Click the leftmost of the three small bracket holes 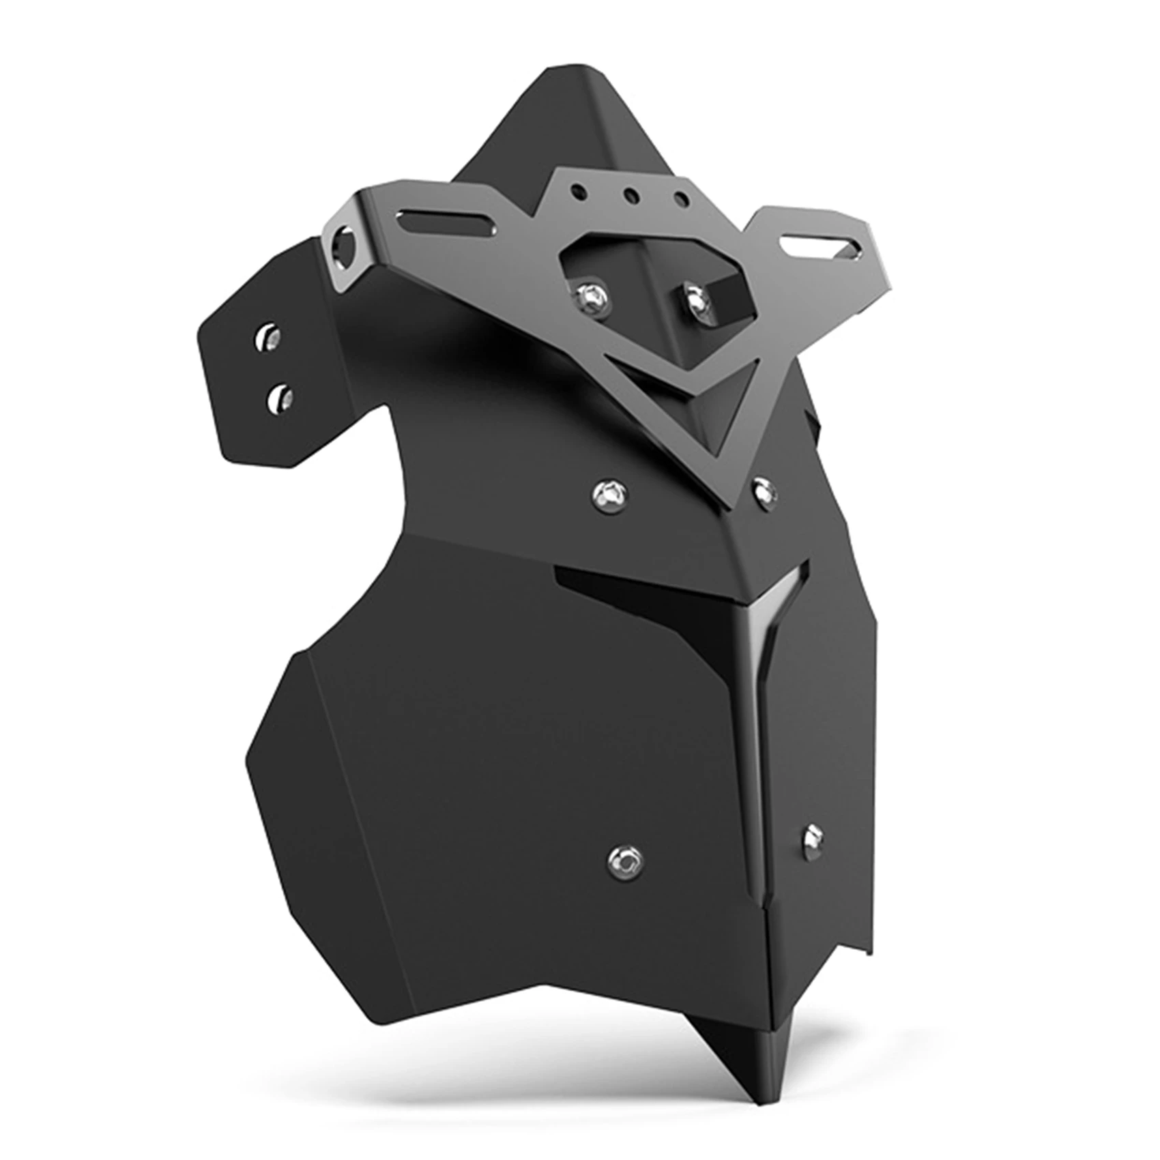coord(579,190)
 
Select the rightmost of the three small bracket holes coord(681,200)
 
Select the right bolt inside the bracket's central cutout coord(695,298)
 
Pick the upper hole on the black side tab coord(268,338)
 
